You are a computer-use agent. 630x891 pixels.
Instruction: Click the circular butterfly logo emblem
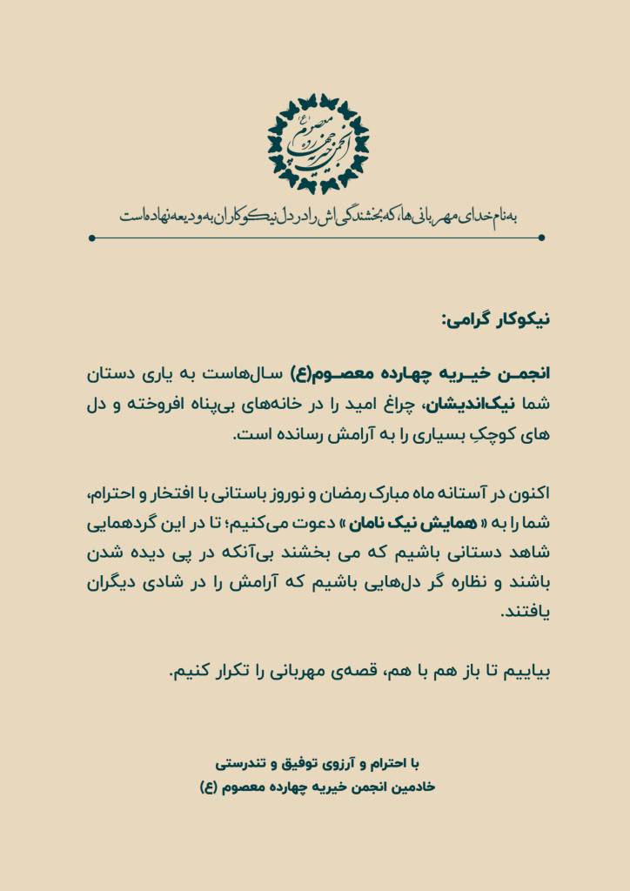[x=318, y=143]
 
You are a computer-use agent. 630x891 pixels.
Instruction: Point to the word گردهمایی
[x=115, y=526]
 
